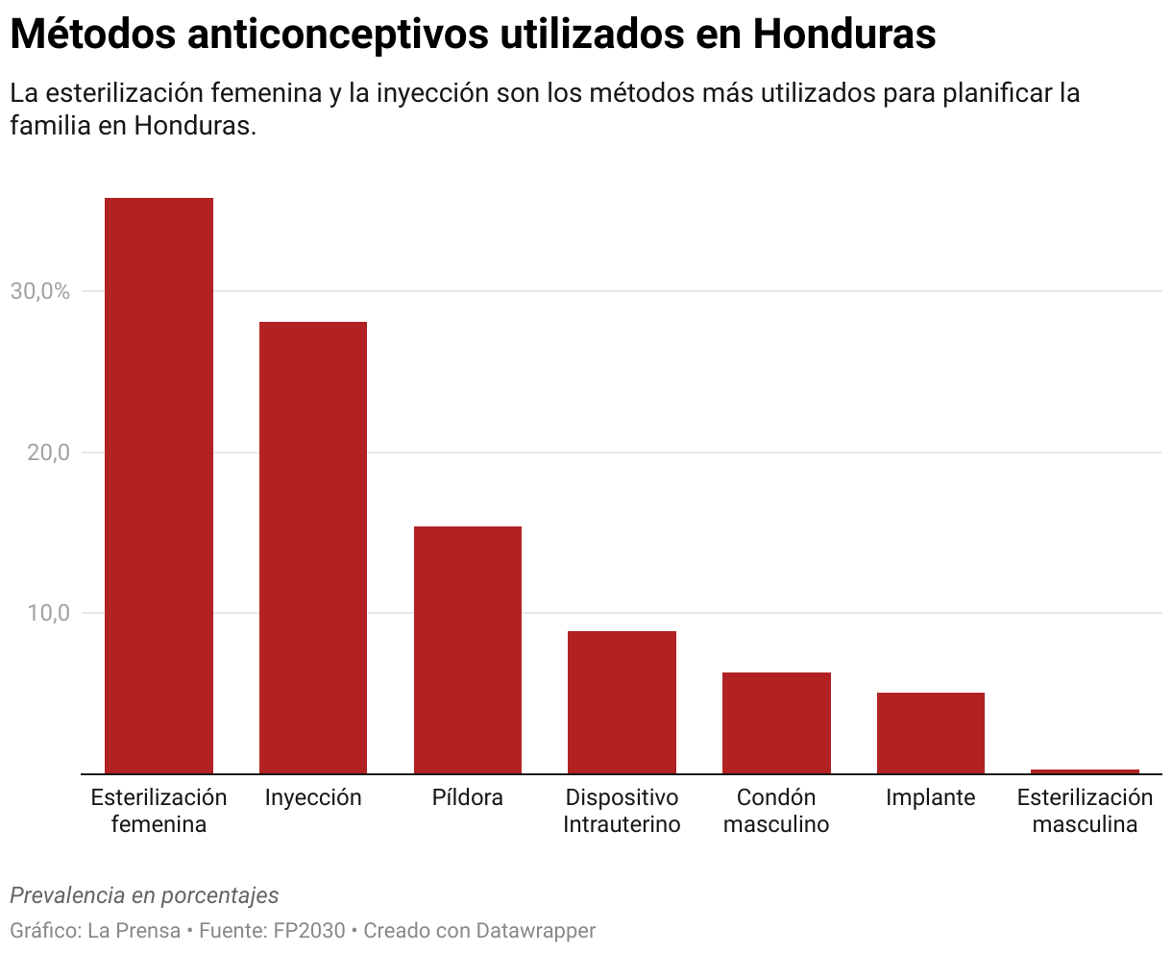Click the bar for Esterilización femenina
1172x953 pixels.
pyautogui.click(x=159, y=485)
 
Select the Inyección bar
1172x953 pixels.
pyautogui.click(x=313, y=548)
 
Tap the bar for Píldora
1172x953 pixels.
pyautogui.click(x=468, y=649)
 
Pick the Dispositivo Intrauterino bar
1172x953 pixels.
pyautogui.click(x=622, y=702)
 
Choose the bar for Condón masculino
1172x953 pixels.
pyautogui.click(x=776, y=722)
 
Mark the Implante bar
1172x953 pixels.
pyautogui.click(x=930, y=733)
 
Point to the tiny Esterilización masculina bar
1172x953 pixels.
pyautogui.click(x=1085, y=770)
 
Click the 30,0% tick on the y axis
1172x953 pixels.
pyautogui.click(x=40, y=291)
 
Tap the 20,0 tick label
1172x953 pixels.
pyautogui.click(x=48, y=452)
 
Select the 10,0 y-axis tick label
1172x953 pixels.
pyautogui.click(x=48, y=613)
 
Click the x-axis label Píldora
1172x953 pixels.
pyautogui.click(x=468, y=797)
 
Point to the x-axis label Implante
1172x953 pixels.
pyautogui.click(x=930, y=797)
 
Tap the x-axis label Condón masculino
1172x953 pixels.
pyautogui.click(x=776, y=811)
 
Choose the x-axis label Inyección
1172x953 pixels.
pyautogui.click(x=313, y=797)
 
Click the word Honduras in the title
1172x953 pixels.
pyautogui.click(x=844, y=36)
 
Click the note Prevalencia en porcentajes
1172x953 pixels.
pyautogui.click(x=144, y=895)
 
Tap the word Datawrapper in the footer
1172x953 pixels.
pyautogui.click(x=536, y=931)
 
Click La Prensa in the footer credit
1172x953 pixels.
pyautogui.click(x=134, y=931)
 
